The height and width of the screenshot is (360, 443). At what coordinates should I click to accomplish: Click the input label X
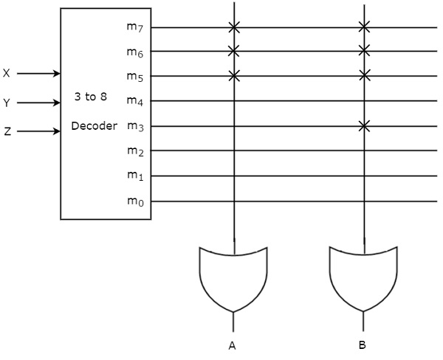coord(7,74)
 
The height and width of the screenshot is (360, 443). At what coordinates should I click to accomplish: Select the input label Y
coord(7,103)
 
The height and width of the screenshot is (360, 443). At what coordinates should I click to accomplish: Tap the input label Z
coord(7,132)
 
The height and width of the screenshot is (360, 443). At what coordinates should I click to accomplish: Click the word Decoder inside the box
coord(94,125)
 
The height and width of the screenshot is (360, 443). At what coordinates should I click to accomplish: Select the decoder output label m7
coord(133,28)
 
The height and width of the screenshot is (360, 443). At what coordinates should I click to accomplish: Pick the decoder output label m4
coord(133,101)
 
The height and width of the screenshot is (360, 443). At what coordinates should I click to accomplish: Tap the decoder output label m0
coord(133,201)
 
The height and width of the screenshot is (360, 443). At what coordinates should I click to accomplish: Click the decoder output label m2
coord(133,151)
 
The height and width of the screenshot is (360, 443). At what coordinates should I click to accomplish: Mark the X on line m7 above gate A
coord(234,27)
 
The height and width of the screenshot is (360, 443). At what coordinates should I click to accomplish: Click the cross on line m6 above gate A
coord(234,51)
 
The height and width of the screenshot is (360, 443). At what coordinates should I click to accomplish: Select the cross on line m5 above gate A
coord(234,75)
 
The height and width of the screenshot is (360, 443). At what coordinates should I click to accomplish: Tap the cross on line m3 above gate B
coord(363,126)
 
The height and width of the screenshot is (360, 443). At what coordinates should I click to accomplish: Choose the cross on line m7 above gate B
coord(363,27)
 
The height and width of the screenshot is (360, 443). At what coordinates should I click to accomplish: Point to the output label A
coord(233,345)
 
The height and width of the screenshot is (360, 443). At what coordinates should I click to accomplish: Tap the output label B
coord(362,345)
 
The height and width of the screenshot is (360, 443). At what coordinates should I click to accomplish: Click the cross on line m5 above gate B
coord(363,75)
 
